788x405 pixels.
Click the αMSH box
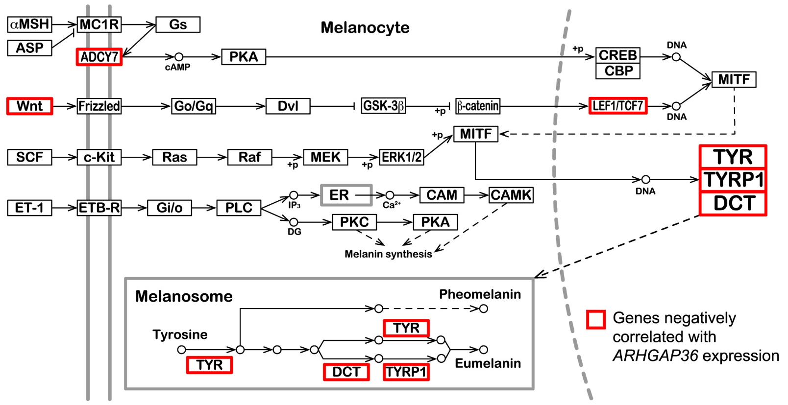pyautogui.click(x=29, y=24)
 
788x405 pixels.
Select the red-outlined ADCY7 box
pyautogui.click(x=99, y=57)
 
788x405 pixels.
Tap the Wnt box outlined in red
pyautogui.click(x=29, y=106)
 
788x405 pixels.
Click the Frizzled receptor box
pyautogui.click(x=99, y=106)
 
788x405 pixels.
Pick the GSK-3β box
pyautogui.click(x=383, y=106)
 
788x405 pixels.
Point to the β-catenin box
pyautogui.click(x=477, y=106)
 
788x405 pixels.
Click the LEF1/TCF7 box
pyautogui.click(x=617, y=106)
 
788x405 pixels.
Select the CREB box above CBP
pyautogui.click(x=617, y=55)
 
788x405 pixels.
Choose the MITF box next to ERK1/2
pyautogui.click(x=475, y=134)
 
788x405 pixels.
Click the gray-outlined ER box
pyautogui.click(x=346, y=195)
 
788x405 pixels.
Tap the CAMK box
pyautogui.click(x=511, y=195)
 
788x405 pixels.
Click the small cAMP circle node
pyautogui.click(x=179, y=57)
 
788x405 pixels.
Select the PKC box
pyautogui.click(x=354, y=222)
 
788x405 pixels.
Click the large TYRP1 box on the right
pyautogui.click(x=733, y=180)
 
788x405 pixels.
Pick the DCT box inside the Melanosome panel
pyautogui.click(x=346, y=372)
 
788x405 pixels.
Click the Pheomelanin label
pyautogui.click(x=479, y=294)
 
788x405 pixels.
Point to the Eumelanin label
pyautogui.click(x=487, y=363)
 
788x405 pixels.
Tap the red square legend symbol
pyautogui.click(x=596, y=319)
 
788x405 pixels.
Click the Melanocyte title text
pyautogui.click(x=365, y=27)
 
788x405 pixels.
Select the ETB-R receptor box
pyautogui.click(x=99, y=208)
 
